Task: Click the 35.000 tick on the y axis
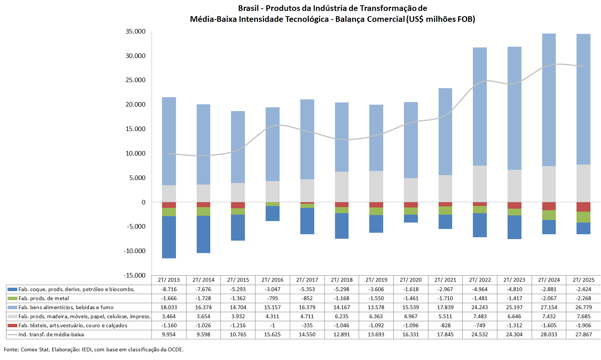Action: [x=135, y=31]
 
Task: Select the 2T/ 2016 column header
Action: [x=272, y=280]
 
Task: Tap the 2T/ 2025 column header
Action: [x=583, y=280]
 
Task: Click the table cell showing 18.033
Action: [x=169, y=307]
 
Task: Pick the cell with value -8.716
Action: [x=169, y=289]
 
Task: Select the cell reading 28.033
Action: [x=549, y=334]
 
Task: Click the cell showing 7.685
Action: [x=583, y=316]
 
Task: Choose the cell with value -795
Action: [x=272, y=298]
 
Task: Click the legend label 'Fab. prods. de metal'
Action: [x=44, y=298]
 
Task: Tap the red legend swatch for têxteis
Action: [x=12, y=325]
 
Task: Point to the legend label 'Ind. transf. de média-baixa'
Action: [x=51, y=334]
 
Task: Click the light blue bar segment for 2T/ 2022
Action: [x=480, y=107]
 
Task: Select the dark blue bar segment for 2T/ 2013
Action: [x=169, y=237]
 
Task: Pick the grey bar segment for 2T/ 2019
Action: [x=376, y=186]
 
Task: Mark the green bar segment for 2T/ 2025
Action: [x=583, y=217]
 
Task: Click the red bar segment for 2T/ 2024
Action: [x=549, y=206]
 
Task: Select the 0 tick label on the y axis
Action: [x=143, y=202]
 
